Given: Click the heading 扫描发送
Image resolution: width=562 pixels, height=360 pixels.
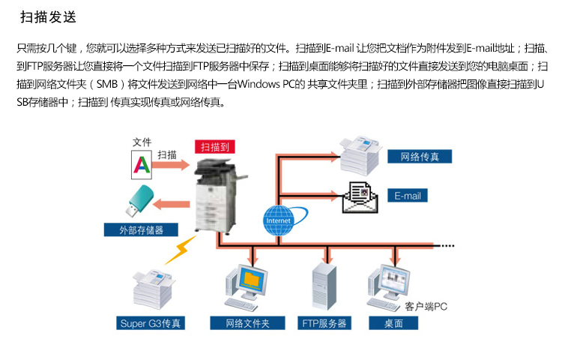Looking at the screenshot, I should (47, 16).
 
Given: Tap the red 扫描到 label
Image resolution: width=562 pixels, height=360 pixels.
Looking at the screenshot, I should (214, 148).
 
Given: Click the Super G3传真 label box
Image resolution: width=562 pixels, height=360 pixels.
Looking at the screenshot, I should (152, 323).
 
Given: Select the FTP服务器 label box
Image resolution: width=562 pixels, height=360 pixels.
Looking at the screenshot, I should (324, 323).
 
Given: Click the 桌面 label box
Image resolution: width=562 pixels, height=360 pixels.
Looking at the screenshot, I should (394, 323).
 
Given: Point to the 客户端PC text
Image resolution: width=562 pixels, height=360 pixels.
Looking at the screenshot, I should (426, 306).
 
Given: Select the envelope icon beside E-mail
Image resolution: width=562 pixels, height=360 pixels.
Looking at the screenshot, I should (363, 196).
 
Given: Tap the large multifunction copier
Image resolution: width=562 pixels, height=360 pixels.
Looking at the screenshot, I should (217, 196).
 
